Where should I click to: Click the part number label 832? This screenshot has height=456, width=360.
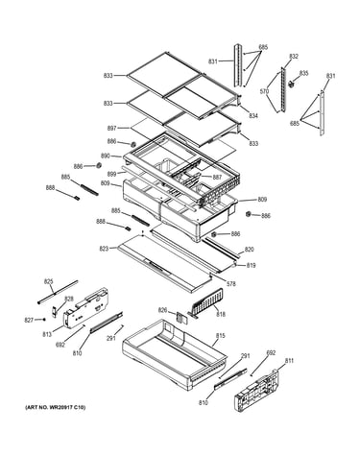(294, 57)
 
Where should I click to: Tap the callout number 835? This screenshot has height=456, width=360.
(303, 73)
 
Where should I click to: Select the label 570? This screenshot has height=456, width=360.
(264, 91)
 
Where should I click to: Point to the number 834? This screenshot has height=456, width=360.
(253, 115)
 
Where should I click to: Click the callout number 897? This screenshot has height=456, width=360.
(111, 128)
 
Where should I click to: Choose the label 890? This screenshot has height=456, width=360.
(106, 156)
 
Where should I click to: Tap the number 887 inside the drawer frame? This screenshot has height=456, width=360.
(217, 177)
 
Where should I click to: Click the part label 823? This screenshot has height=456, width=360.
(104, 249)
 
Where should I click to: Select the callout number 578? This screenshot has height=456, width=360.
(231, 283)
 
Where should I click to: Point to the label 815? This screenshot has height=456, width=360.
(220, 336)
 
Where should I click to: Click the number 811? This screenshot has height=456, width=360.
(289, 361)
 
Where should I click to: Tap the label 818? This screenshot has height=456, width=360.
(221, 314)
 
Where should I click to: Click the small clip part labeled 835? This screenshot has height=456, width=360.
(292, 84)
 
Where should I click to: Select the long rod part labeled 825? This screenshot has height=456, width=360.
(58, 292)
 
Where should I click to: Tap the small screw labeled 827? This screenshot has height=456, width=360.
(44, 319)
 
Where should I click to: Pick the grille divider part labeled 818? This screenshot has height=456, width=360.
(206, 301)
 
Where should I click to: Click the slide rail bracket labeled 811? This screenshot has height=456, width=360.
(256, 391)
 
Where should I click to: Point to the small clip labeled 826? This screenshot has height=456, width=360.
(180, 318)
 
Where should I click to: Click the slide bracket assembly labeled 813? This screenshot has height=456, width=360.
(85, 309)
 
